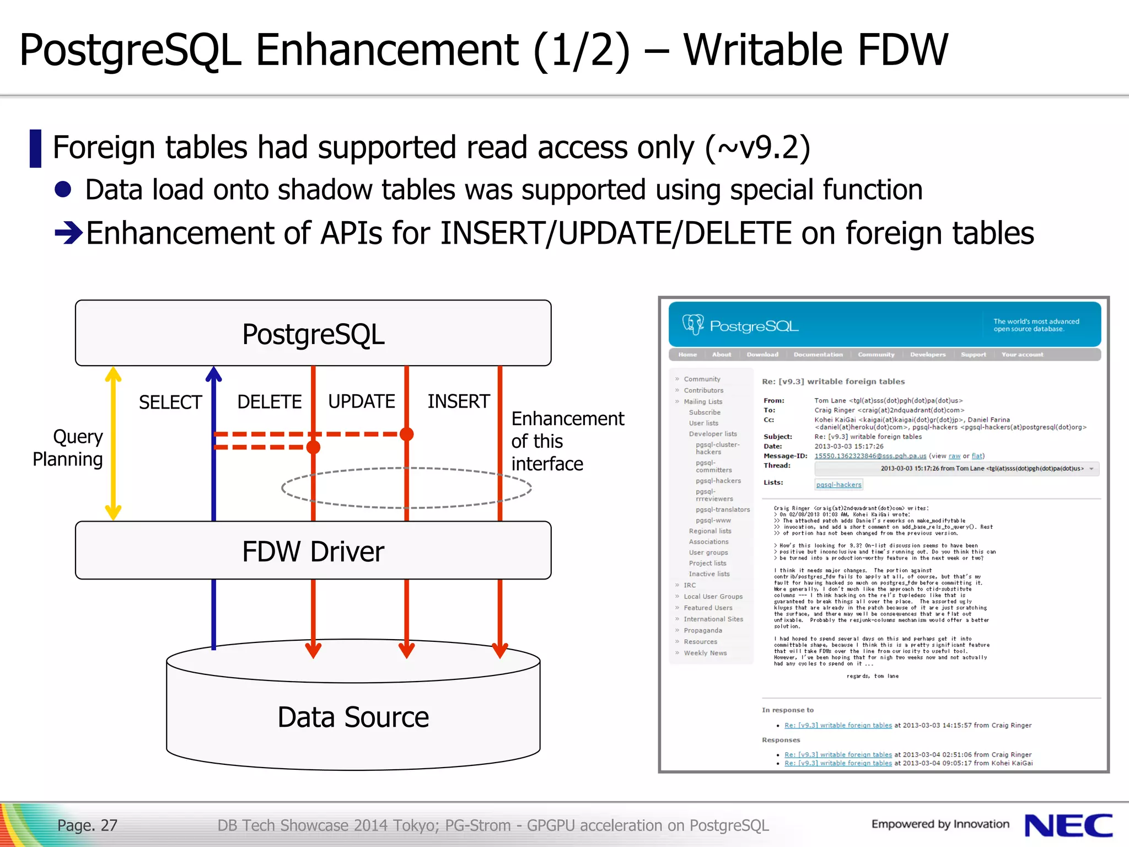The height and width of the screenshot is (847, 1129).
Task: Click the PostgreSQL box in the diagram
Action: (x=313, y=334)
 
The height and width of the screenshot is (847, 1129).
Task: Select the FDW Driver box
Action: (x=313, y=551)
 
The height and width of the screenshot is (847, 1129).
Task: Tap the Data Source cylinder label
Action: (x=353, y=717)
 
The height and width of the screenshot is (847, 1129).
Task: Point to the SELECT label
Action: (x=170, y=403)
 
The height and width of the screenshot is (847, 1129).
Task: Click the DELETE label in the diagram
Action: (x=269, y=401)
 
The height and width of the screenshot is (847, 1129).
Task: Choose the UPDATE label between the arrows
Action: (x=361, y=401)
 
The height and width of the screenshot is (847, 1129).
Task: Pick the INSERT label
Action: (x=459, y=401)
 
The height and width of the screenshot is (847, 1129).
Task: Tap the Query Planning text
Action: (x=68, y=448)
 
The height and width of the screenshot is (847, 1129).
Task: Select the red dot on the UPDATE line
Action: (x=407, y=434)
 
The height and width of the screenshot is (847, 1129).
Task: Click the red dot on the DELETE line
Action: (x=313, y=447)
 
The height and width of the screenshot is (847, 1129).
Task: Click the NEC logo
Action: (x=1068, y=825)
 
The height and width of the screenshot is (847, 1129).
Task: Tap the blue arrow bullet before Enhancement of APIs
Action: (x=68, y=233)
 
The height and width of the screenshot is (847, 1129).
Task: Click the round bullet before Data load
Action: (x=63, y=190)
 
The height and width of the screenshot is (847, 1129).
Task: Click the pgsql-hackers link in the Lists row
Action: (x=838, y=485)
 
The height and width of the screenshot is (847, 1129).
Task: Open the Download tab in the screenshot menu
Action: (x=762, y=355)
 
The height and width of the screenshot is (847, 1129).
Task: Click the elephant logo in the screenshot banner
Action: (x=693, y=324)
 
